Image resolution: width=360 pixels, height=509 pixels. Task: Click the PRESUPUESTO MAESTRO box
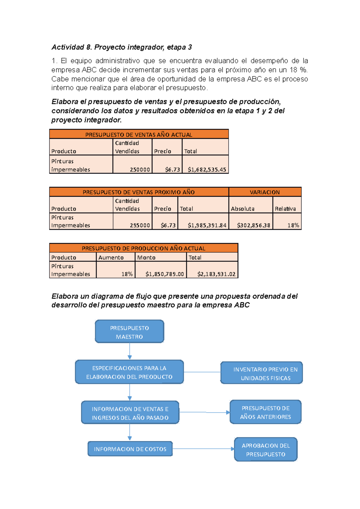click(129, 332)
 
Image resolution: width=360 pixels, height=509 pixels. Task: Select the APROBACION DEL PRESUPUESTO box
click(266, 449)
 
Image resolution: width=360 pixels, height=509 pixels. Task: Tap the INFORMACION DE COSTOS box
click(130, 449)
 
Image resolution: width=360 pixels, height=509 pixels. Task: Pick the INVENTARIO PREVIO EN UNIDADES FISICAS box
click(261, 373)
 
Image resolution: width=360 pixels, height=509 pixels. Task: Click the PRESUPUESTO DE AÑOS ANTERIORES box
click(265, 412)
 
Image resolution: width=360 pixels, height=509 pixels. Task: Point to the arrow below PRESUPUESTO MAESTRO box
click(130, 351)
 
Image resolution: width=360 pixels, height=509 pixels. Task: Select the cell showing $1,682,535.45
click(206, 169)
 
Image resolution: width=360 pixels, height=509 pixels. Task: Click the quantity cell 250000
click(139, 169)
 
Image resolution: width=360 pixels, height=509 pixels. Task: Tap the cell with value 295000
click(139, 225)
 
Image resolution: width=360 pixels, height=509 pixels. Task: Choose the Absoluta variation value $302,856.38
click(253, 225)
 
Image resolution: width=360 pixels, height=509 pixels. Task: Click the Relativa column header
click(285, 209)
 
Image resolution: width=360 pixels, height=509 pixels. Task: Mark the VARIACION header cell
click(265, 192)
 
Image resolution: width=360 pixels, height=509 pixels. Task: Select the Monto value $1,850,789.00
click(164, 274)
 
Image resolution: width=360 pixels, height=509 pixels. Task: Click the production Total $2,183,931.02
click(216, 274)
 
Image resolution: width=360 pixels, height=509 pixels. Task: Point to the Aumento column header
click(111, 257)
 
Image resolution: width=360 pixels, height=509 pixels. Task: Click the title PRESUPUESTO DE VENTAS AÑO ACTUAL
click(139, 135)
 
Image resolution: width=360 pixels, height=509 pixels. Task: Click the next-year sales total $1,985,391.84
click(207, 225)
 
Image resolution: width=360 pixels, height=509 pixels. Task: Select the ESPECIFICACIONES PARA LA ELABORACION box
click(129, 372)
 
